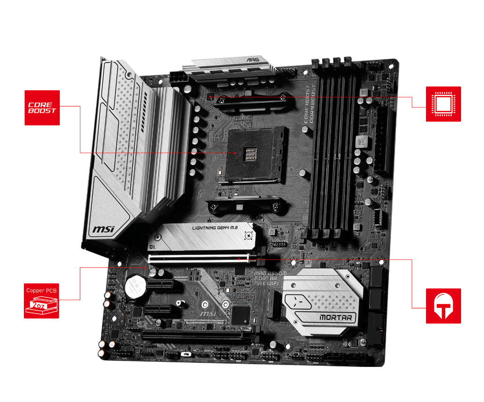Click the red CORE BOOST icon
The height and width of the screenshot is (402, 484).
pyautogui.click(x=42, y=108)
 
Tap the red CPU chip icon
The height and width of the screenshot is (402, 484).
pyautogui.click(x=443, y=104)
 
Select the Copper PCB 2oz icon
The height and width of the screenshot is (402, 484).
pyautogui.click(x=42, y=300)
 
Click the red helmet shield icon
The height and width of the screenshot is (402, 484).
pyautogui.click(x=443, y=306)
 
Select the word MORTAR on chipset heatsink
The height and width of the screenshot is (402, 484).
pyautogui.click(x=338, y=318)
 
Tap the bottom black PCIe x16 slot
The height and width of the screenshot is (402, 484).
pyautogui.click(x=196, y=335)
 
